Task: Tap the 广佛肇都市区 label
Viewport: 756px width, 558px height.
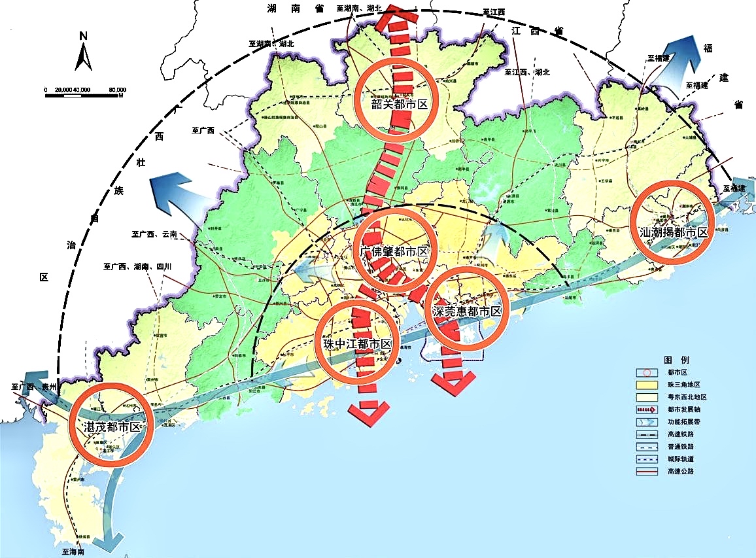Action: (394, 252)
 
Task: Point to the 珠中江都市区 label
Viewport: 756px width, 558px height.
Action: (357, 344)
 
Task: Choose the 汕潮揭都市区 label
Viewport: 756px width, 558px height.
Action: (674, 232)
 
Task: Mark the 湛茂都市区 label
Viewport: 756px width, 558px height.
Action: (112, 427)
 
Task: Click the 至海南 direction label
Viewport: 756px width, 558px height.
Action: (74, 552)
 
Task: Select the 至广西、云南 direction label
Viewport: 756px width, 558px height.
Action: (154, 234)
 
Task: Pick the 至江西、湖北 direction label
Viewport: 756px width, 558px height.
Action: (529, 72)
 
